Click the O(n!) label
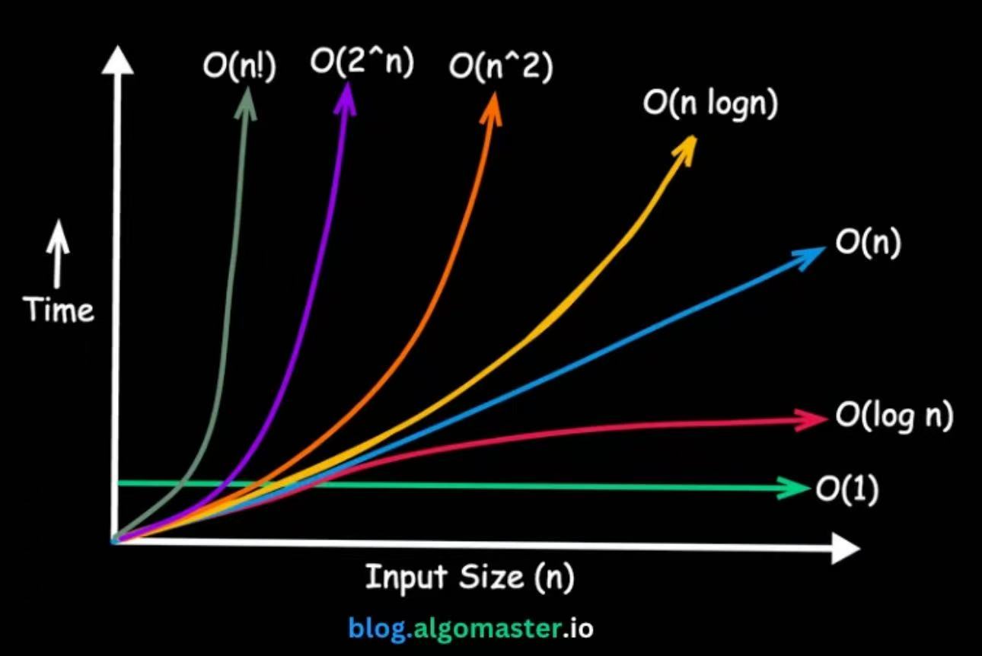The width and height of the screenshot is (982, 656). (x=238, y=67)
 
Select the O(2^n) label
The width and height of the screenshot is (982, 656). (x=362, y=62)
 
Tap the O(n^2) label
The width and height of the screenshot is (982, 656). (x=500, y=67)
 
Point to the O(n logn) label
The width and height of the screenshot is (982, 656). (x=710, y=105)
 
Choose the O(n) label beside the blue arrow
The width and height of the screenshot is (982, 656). (x=868, y=244)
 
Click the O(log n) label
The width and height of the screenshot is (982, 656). (x=894, y=416)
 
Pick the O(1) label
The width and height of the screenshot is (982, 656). (x=846, y=489)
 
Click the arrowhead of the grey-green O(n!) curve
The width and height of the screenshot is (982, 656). (x=247, y=99)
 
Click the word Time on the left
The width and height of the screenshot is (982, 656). (x=59, y=310)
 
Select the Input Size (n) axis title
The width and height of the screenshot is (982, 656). (x=470, y=577)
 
